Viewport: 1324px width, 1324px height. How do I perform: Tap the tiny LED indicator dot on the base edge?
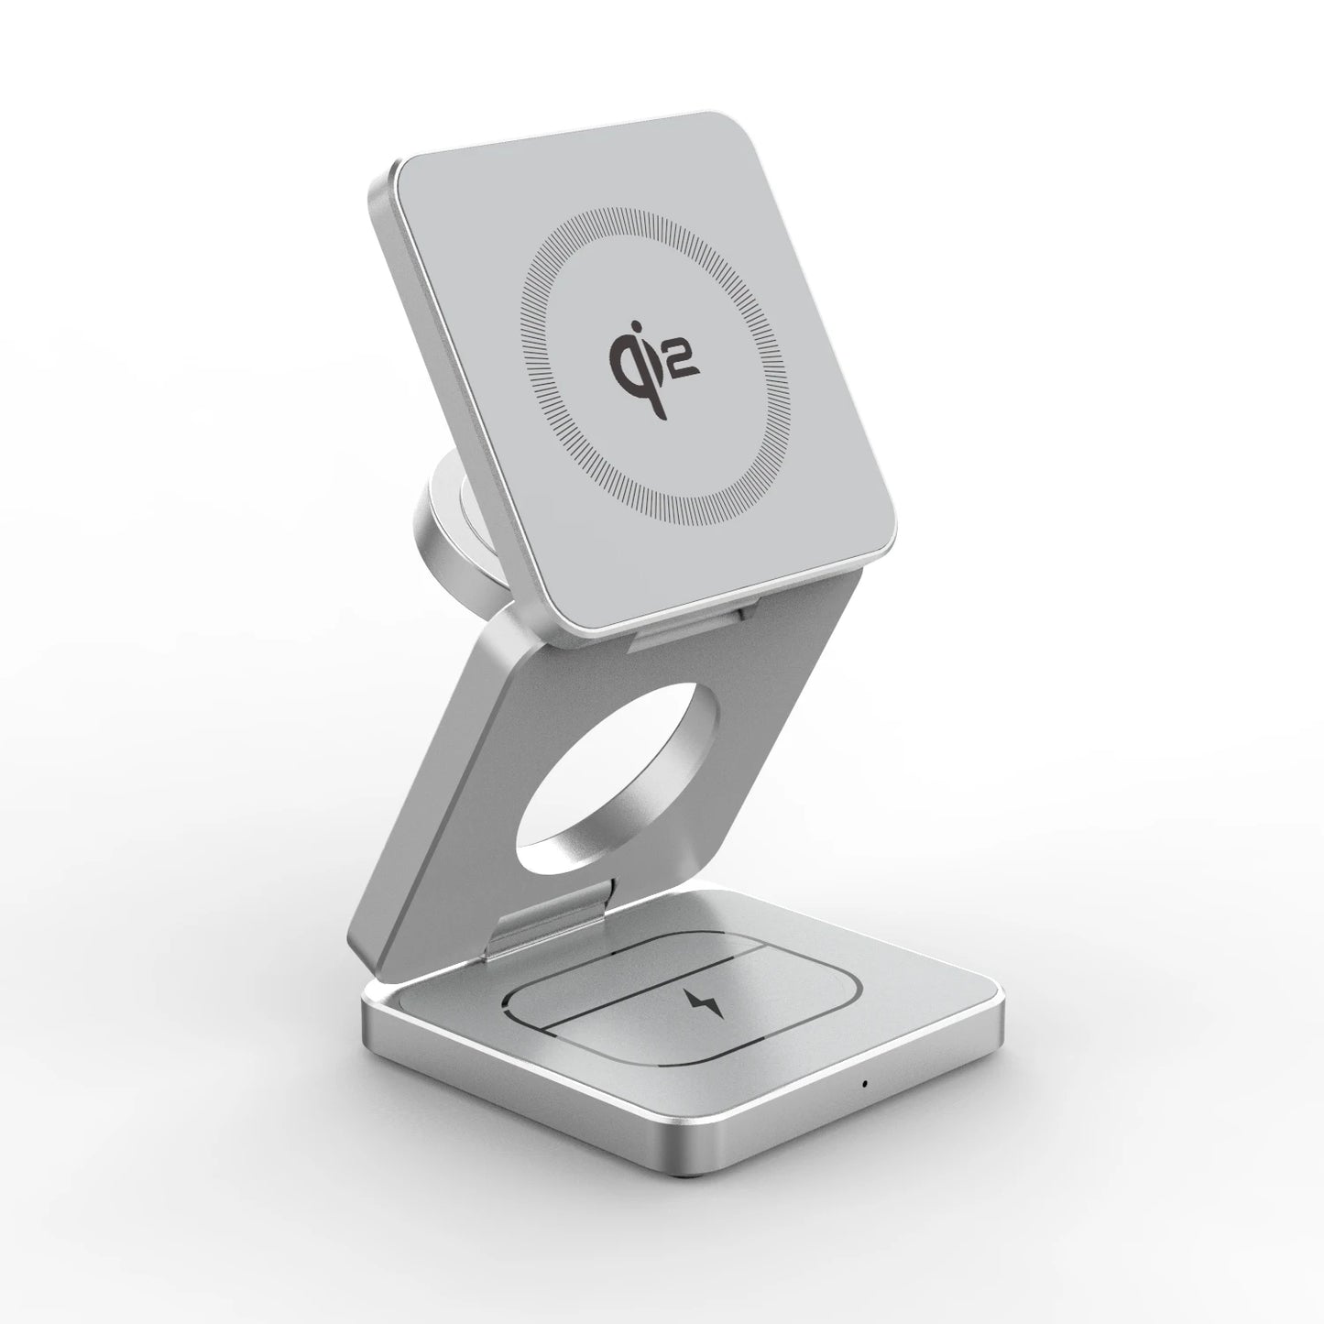point(864,1084)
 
